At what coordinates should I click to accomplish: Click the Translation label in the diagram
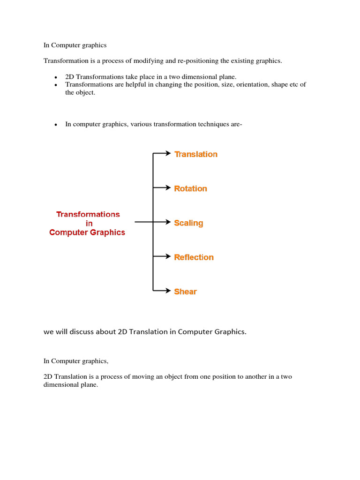click(x=196, y=154)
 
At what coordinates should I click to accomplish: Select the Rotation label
click(x=190, y=188)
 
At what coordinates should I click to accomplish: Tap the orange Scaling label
click(x=188, y=223)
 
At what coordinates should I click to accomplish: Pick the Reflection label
click(x=194, y=257)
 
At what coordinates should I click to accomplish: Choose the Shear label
click(x=185, y=292)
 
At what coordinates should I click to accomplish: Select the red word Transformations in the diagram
click(x=88, y=214)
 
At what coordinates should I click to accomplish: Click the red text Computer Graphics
click(x=87, y=232)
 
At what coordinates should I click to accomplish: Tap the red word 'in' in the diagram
click(x=89, y=224)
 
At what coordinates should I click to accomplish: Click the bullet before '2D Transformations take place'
click(x=55, y=77)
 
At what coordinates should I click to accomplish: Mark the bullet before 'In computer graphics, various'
click(x=55, y=125)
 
